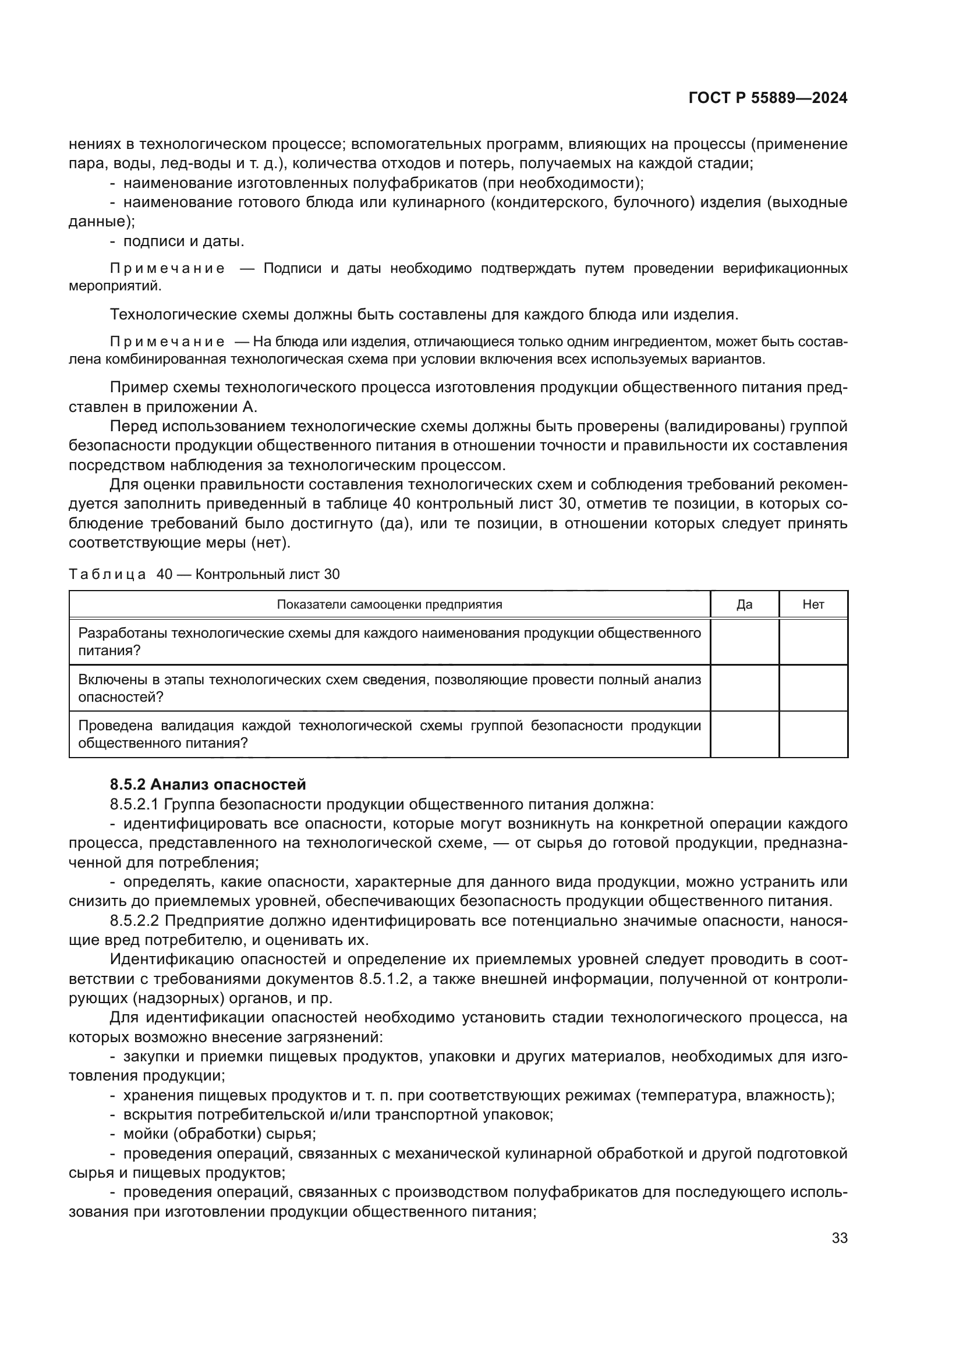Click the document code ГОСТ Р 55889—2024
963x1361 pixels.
tap(767, 98)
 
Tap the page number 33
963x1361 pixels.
tap(839, 1238)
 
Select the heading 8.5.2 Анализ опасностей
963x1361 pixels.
tap(207, 784)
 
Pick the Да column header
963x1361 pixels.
tap(744, 604)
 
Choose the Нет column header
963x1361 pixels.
tap(813, 604)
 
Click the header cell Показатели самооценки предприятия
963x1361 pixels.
tap(390, 604)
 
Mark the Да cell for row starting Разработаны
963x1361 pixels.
tap(744, 641)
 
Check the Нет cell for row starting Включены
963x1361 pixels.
tap(813, 688)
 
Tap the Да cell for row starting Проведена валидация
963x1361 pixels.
tap(744, 734)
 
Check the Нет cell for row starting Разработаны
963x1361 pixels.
tap(813, 641)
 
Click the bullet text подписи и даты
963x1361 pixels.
tap(183, 241)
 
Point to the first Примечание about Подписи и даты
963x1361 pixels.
tap(168, 268)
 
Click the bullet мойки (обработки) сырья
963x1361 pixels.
tap(219, 1134)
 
